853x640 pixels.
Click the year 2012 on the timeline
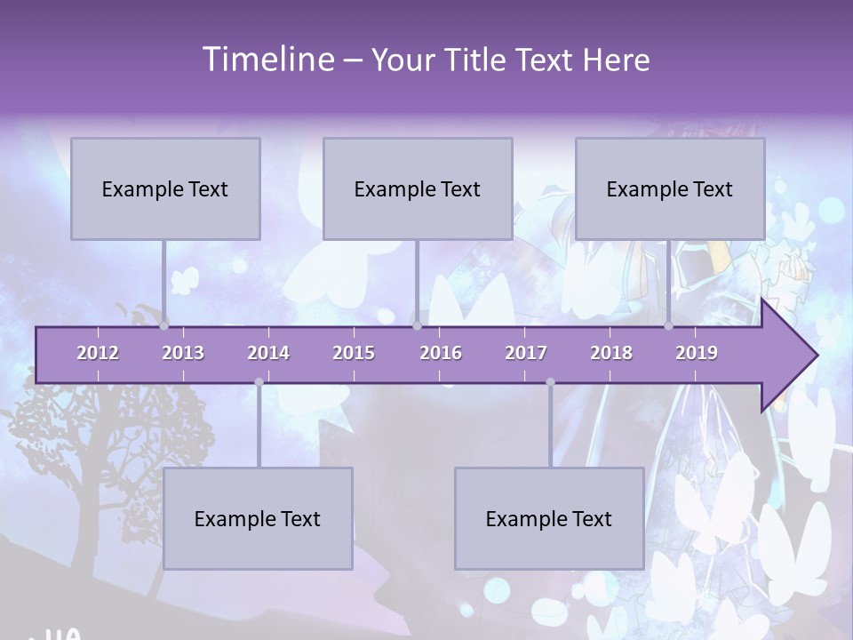click(98, 353)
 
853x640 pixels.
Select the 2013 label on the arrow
click(183, 353)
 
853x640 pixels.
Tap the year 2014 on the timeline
click(268, 353)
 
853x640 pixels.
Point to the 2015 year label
click(354, 353)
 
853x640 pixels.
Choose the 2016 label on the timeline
click(441, 353)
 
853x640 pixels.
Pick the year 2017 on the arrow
click(526, 353)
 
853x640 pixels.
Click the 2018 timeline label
click(611, 353)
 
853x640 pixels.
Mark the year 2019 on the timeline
click(697, 353)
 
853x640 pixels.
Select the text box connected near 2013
click(165, 188)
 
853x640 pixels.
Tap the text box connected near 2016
click(418, 188)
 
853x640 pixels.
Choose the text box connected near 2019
click(670, 188)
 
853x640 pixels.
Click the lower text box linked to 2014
click(258, 518)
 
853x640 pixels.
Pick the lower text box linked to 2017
click(549, 518)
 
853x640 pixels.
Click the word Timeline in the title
click(267, 60)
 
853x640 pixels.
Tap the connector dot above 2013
click(164, 325)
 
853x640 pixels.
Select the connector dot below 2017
click(550, 382)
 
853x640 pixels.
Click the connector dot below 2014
click(259, 382)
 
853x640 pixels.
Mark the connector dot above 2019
click(669, 325)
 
